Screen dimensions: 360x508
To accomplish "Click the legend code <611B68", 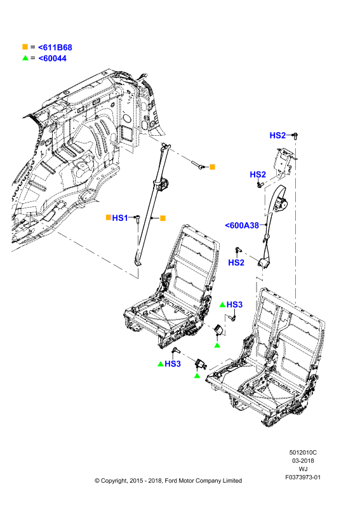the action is [x=55, y=47].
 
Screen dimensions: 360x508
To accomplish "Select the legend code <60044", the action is [x=53, y=58].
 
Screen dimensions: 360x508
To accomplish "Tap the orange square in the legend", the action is [x=25, y=47].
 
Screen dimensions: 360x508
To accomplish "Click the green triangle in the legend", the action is [x=25, y=58].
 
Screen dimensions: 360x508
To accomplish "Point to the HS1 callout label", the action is [x=120, y=218].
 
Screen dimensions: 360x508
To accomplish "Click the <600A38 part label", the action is [x=242, y=225].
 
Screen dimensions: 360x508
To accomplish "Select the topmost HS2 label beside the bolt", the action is [x=277, y=135].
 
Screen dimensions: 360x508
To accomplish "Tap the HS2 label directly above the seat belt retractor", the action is [x=258, y=175].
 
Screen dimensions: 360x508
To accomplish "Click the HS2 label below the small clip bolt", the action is [x=236, y=262].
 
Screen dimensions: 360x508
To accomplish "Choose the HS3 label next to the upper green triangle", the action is [x=234, y=305].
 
